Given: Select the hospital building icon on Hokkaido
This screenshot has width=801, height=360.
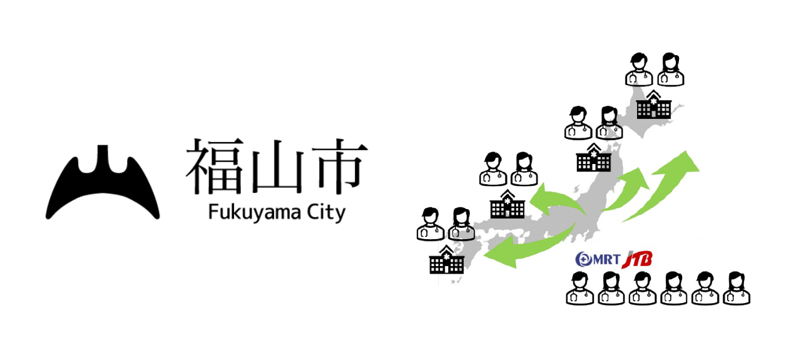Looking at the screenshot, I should point(653,105).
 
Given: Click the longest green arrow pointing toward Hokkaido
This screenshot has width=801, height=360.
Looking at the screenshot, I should point(663,185).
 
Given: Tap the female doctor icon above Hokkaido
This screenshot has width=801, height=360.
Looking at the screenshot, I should point(670,69).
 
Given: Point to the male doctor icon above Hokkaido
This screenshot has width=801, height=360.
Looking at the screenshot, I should point(639,69).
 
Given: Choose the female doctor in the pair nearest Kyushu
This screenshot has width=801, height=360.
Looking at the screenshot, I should point(461,224).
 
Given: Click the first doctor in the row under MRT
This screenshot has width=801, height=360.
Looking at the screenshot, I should point(579,289).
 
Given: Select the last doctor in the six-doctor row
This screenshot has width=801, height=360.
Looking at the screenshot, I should point(737,289).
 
